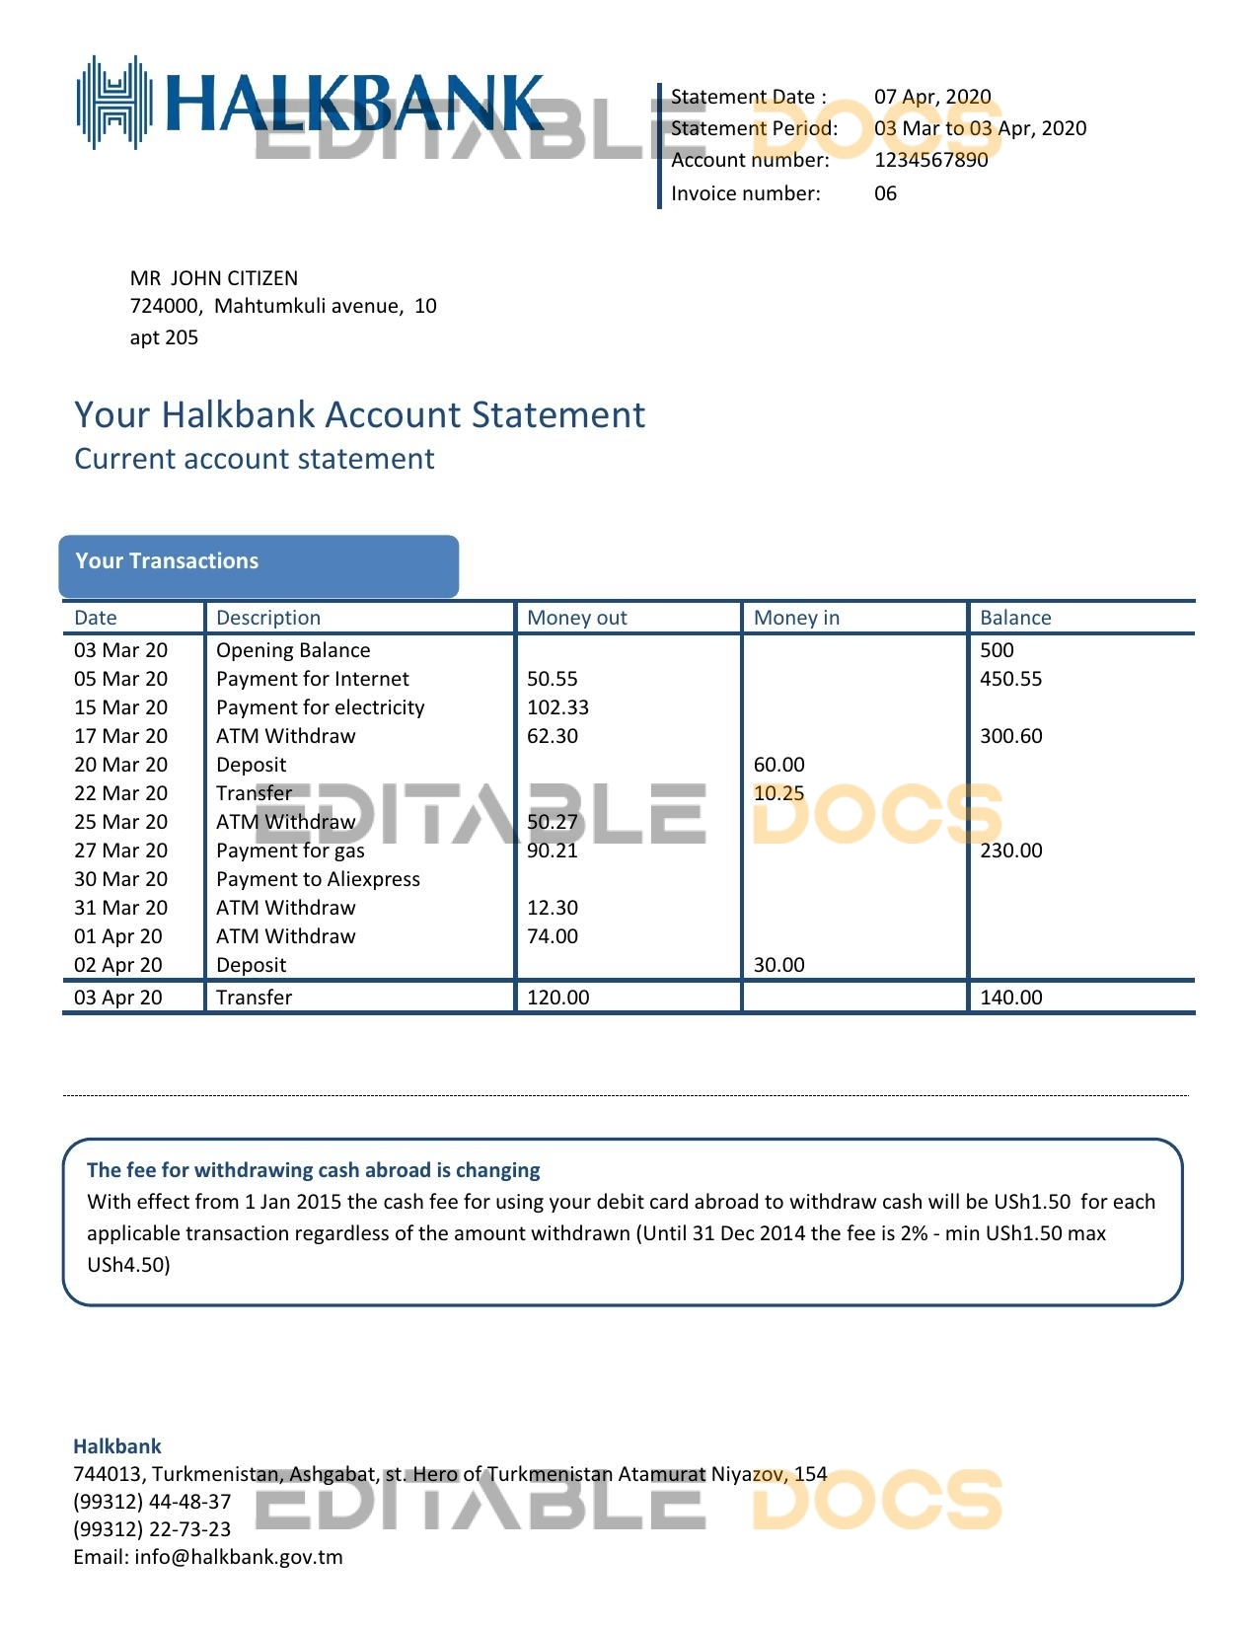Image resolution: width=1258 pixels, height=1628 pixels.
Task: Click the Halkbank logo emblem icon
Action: [114, 103]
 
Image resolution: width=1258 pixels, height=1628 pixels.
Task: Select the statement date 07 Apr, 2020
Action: [932, 97]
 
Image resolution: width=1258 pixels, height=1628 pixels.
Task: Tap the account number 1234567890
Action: [930, 160]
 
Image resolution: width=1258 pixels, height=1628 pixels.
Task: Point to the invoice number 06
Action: [885, 193]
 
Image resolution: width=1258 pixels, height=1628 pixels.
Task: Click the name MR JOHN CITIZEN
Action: [214, 278]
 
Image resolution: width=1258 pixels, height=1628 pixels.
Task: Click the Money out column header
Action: [577, 618]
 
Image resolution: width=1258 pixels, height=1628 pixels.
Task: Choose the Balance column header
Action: [1015, 618]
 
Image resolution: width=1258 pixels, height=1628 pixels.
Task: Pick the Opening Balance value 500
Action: [997, 650]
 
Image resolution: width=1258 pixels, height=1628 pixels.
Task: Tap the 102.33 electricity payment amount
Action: [557, 707]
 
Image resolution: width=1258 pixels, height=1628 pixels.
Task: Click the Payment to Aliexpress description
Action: [318, 879]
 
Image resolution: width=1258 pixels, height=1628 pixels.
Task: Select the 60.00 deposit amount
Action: [778, 765]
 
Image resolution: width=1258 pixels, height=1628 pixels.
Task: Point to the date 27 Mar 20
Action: [120, 851]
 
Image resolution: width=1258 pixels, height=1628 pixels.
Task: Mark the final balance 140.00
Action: [1010, 998]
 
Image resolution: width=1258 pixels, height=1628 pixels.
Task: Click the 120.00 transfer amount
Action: [557, 998]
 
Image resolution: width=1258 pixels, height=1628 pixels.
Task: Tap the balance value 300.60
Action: [1010, 736]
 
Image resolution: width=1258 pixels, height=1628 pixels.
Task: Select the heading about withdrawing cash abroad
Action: [313, 1170]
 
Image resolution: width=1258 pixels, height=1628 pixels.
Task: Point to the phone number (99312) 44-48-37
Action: [152, 1502]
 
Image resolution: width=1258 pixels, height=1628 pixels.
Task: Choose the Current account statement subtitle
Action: [255, 459]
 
